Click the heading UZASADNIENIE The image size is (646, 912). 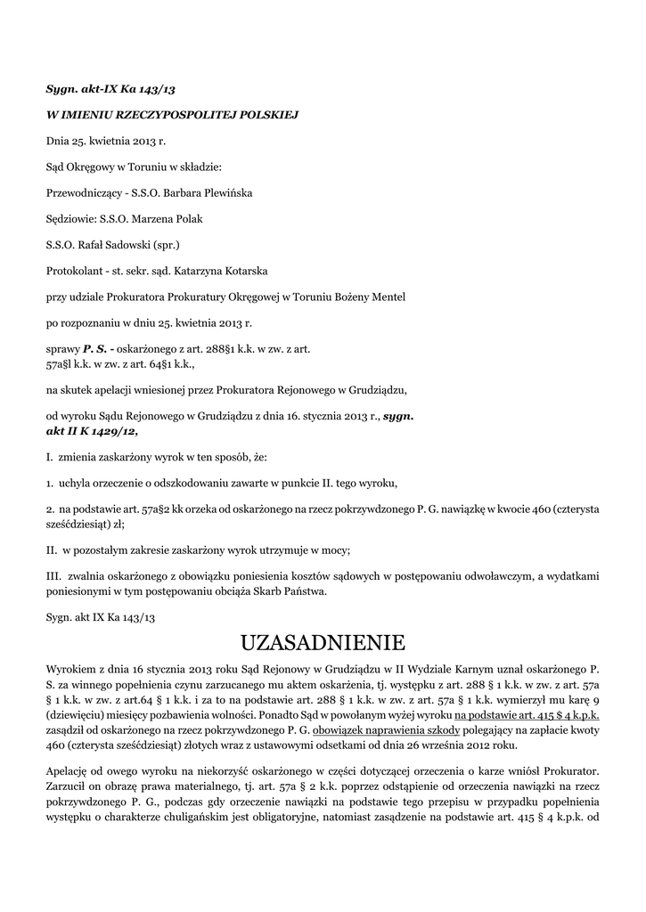tap(323, 642)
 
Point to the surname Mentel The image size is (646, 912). tap(389, 296)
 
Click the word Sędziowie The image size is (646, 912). tap(72, 218)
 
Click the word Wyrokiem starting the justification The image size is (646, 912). tap(71, 667)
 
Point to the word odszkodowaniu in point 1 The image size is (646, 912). tap(197, 483)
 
